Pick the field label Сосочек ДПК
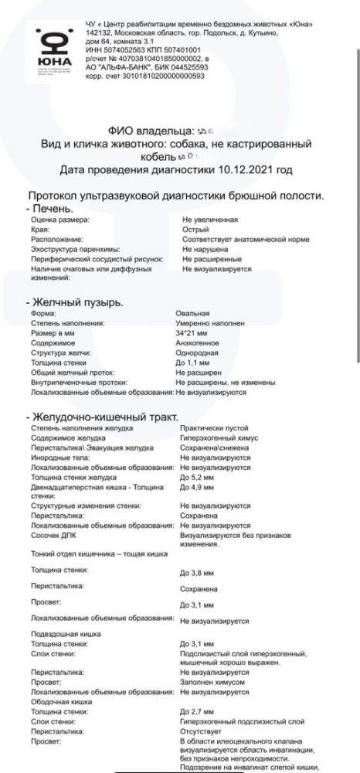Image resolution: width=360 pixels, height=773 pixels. [x=53, y=535]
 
